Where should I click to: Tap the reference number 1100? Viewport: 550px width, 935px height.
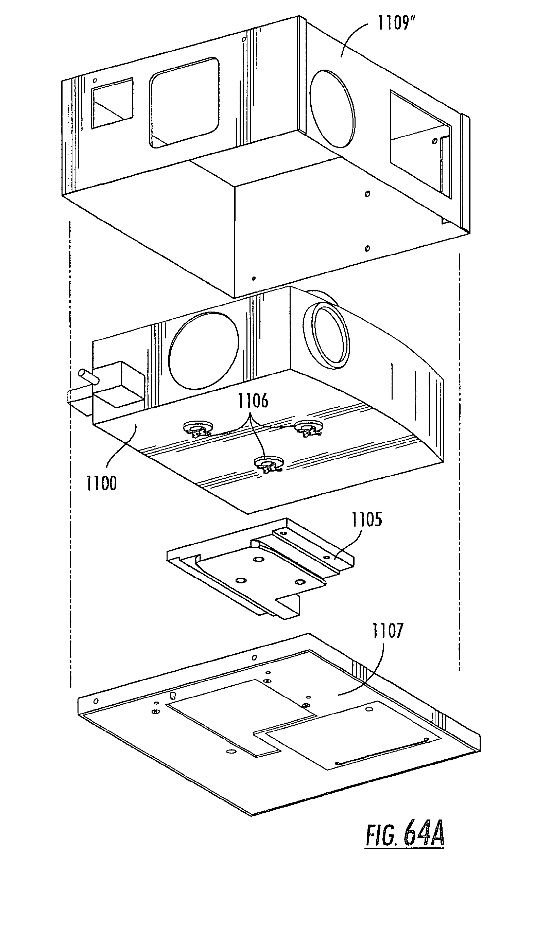click(101, 483)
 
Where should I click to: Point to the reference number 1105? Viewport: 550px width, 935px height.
click(367, 519)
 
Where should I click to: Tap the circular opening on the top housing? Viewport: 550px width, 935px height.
click(332, 109)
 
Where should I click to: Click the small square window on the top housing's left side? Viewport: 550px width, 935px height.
click(113, 103)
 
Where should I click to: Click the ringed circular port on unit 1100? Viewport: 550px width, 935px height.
click(326, 335)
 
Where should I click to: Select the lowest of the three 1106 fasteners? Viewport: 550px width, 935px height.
click(269, 464)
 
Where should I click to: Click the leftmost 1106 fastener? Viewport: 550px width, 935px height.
click(199, 430)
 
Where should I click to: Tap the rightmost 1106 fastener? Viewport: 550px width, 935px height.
click(309, 429)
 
